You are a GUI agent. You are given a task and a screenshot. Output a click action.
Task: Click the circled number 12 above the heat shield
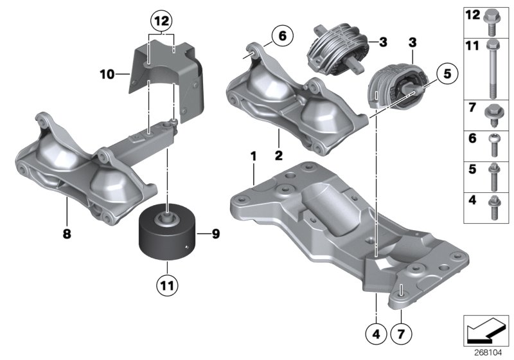(161, 21)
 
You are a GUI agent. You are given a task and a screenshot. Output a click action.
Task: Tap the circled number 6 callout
(281, 35)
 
